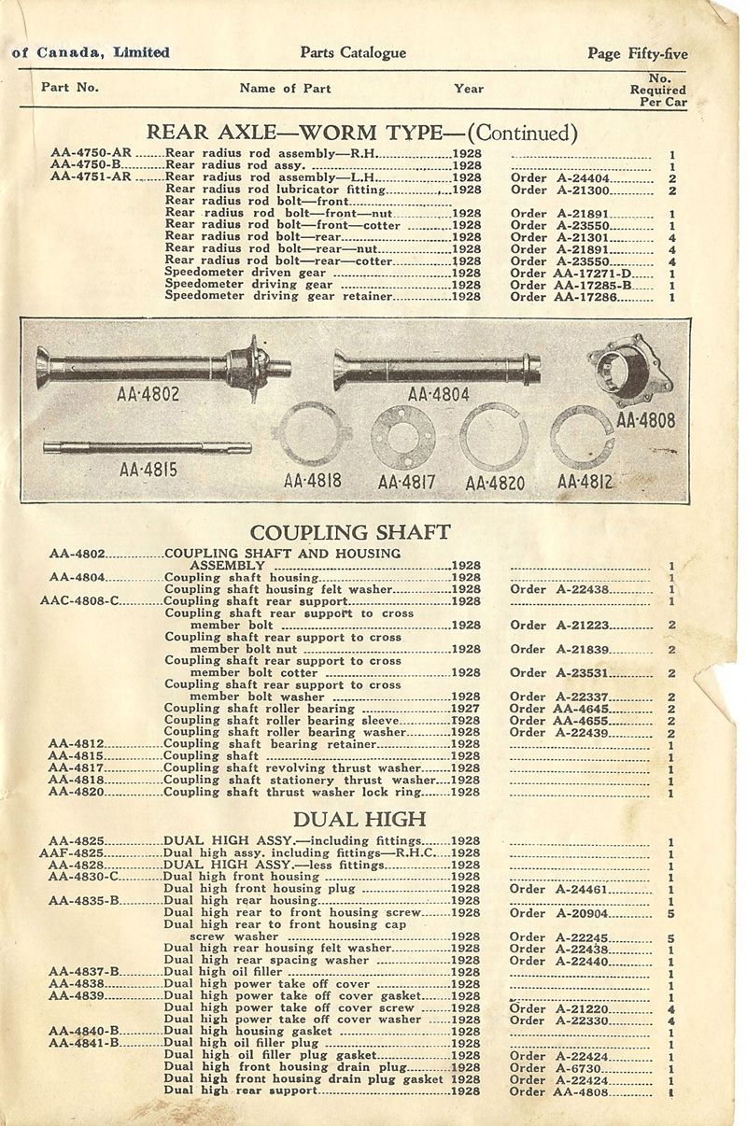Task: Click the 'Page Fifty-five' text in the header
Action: (637, 54)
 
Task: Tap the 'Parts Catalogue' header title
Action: (353, 53)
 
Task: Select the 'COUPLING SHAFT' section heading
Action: (350, 533)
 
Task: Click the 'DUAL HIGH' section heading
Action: (359, 820)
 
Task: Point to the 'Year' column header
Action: (469, 89)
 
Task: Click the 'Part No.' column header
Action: (70, 87)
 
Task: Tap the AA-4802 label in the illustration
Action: (148, 394)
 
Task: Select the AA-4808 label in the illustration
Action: (644, 419)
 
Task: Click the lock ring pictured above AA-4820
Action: (494, 436)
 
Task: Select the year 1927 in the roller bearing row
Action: (466, 709)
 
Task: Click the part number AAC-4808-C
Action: (80, 601)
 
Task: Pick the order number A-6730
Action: (579, 1068)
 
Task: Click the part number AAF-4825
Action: (74, 853)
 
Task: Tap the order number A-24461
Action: (582, 890)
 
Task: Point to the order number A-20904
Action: (582, 913)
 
